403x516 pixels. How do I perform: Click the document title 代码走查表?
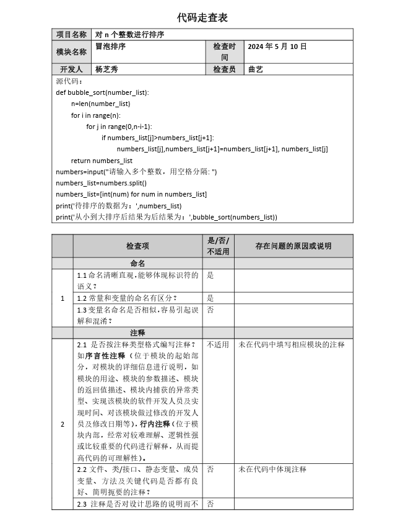[202, 17]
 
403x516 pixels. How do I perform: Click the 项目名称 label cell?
[71, 35]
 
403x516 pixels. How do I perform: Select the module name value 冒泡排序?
[111, 47]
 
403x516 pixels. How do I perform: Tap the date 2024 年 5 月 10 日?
[277, 47]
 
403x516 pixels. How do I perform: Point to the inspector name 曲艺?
[255, 69]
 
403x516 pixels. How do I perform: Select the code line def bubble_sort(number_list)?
[102, 92]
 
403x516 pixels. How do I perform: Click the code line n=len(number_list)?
[100, 104]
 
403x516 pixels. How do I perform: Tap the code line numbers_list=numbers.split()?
[101, 183]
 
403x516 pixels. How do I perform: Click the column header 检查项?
[137, 246]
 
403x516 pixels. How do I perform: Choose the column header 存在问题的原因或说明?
[293, 246]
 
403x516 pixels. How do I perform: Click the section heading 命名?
[137, 264]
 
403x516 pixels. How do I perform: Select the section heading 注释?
[137, 332]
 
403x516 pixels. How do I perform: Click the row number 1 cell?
[62, 298]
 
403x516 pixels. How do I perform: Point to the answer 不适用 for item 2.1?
[217, 345]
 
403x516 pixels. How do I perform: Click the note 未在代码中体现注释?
[272, 469]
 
